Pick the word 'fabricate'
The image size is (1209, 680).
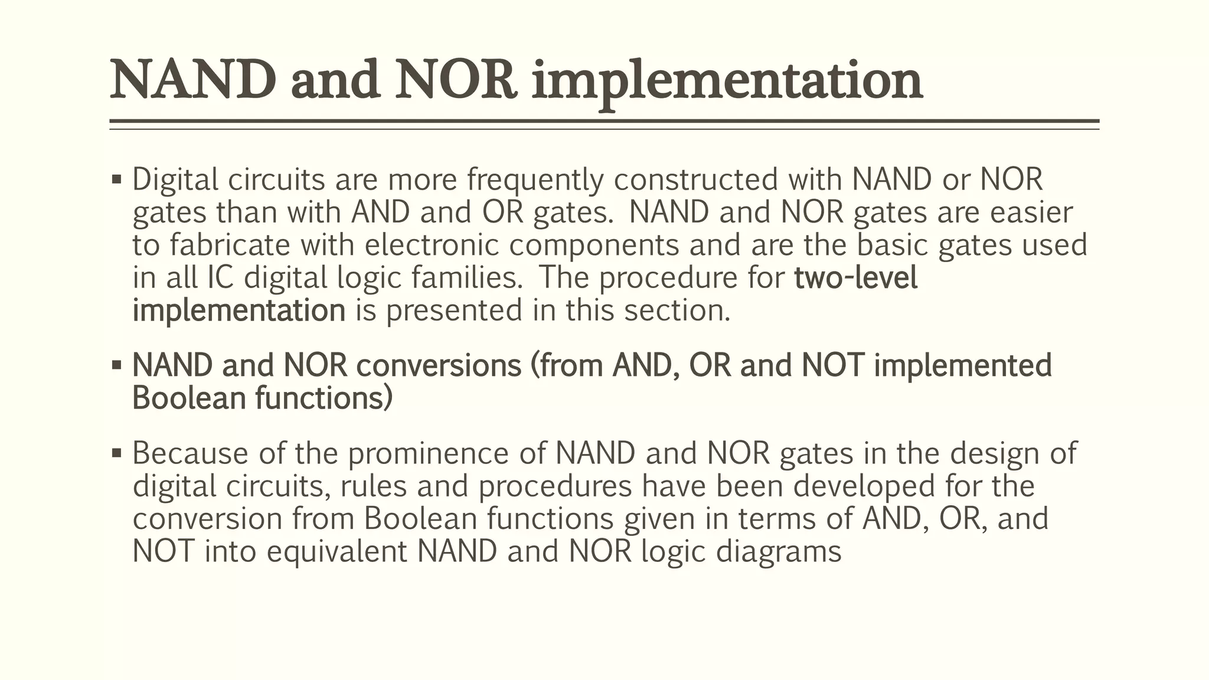(230, 245)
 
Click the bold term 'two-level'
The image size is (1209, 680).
(856, 277)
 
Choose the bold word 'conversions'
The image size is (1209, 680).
(439, 365)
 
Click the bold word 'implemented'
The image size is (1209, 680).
(963, 365)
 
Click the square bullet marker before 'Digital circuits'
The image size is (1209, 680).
(116, 178)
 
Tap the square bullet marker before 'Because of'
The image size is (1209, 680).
(116, 453)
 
